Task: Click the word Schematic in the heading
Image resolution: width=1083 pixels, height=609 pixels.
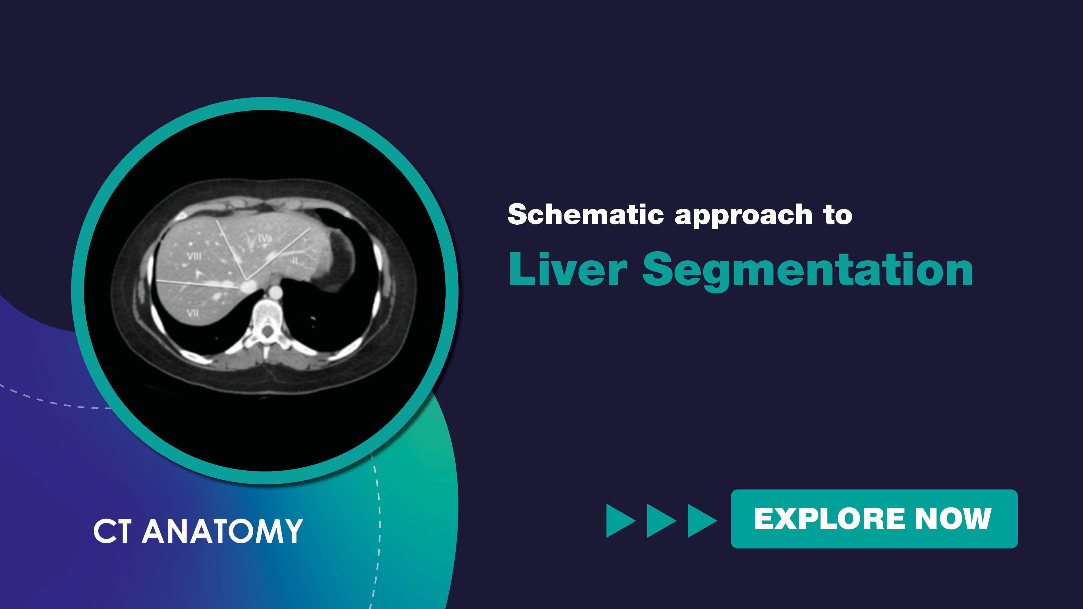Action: (586, 214)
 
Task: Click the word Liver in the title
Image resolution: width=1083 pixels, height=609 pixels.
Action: (568, 269)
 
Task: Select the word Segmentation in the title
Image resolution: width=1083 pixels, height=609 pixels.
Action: (808, 271)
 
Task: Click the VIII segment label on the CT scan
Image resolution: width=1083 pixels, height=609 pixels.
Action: (194, 256)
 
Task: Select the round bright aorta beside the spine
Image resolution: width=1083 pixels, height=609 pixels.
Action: (275, 291)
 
